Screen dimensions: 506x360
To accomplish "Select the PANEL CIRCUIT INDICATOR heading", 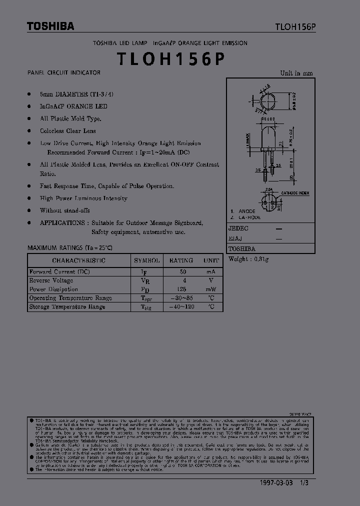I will tap(63, 73).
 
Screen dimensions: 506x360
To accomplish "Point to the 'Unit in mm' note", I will tap(296, 73).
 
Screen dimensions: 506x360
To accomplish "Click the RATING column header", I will tap(181, 260).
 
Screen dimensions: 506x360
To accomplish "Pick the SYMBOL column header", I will tap(147, 260).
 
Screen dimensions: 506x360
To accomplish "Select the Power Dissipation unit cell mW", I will tap(211, 289).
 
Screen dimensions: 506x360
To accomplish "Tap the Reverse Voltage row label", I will tap(51, 281).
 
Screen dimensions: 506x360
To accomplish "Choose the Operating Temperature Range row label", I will tap(70, 298).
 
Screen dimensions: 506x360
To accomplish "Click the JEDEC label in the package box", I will tap(238, 228).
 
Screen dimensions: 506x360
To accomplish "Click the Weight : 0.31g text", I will tap(248, 259).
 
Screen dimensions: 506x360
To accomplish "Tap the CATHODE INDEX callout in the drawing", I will tap(295, 193).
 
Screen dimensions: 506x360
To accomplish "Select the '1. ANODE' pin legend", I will tap(243, 211).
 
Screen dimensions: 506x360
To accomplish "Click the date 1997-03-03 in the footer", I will tap(278, 484).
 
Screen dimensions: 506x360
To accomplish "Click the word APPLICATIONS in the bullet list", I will tap(62, 223).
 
